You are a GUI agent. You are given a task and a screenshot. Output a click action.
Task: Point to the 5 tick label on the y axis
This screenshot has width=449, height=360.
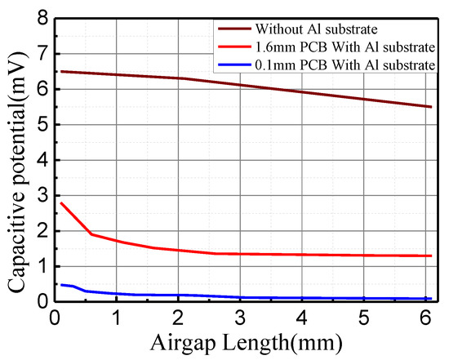[40, 125]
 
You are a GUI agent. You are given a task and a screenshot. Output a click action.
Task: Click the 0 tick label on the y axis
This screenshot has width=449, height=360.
[40, 302]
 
